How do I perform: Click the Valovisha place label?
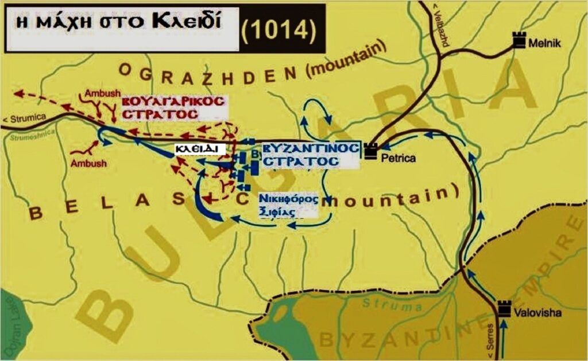[538, 313]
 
